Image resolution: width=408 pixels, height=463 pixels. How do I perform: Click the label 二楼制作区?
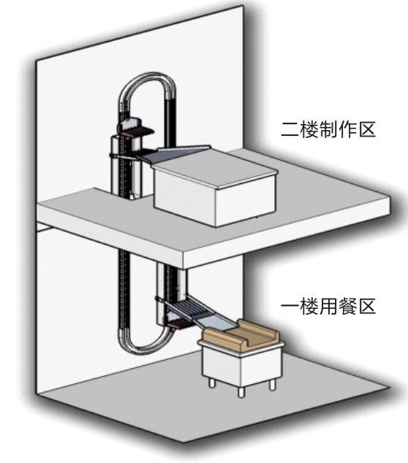pyautogui.click(x=328, y=130)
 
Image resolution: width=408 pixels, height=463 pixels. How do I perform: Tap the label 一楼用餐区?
pyautogui.click(x=328, y=306)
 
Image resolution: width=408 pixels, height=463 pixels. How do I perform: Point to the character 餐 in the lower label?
pyautogui.click(x=347, y=306)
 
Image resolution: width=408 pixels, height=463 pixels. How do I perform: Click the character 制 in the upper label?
pyautogui.click(x=328, y=130)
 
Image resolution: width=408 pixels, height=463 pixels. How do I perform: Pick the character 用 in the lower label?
pyautogui.click(x=328, y=306)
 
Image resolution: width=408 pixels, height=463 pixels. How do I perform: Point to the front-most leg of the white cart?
pyautogui.click(x=241, y=392)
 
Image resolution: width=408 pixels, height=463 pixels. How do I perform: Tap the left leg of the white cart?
pyautogui.click(x=212, y=383)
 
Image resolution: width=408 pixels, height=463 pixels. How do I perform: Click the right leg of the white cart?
pyautogui.click(x=273, y=384)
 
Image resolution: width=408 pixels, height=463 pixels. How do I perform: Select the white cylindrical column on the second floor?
pyautogui.click(x=125, y=165)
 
